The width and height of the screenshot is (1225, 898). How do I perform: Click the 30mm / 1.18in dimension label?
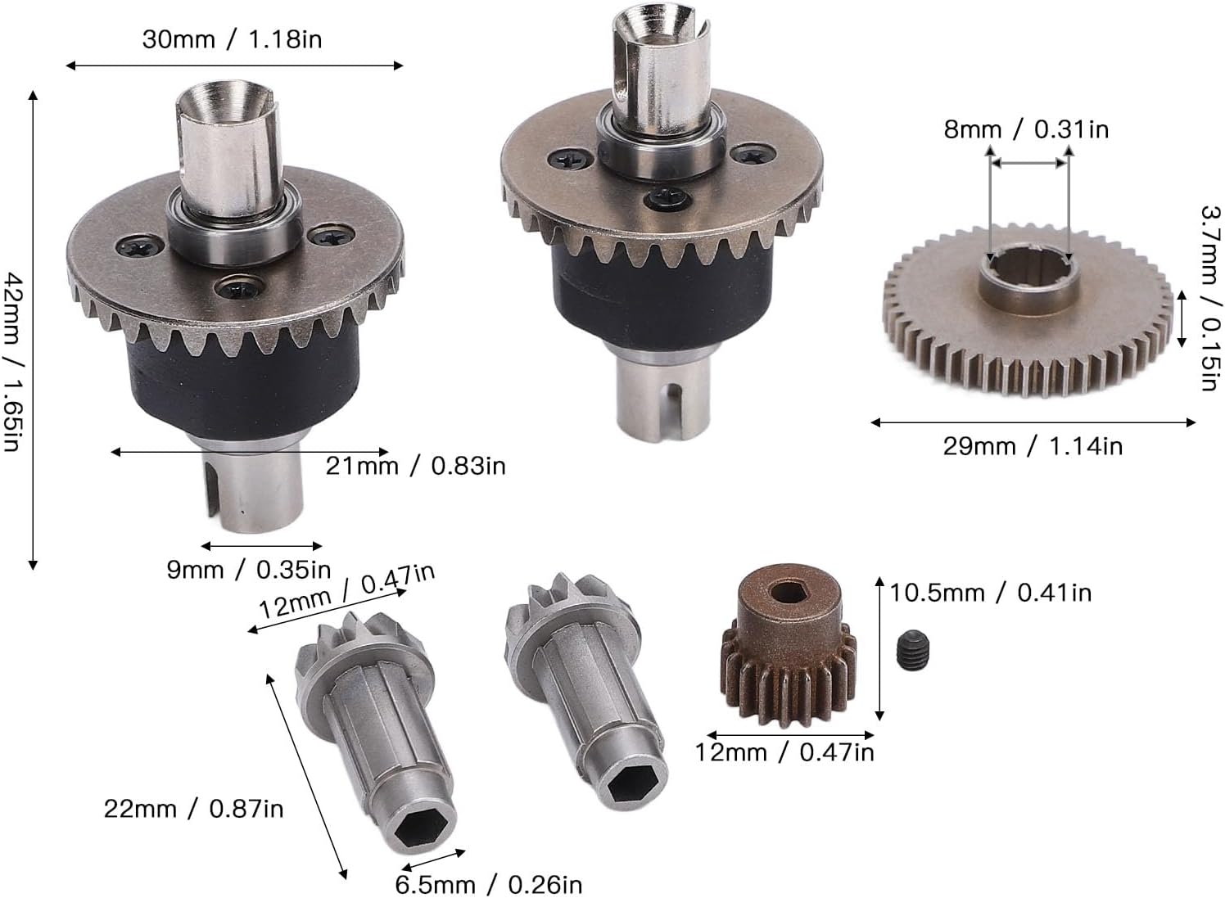tap(232, 40)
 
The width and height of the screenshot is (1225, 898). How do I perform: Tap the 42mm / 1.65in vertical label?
tap(11, 363)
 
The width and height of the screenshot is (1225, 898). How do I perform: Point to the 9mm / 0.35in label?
tap(249, 570)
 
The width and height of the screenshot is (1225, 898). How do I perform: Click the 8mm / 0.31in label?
tap(1027, 130)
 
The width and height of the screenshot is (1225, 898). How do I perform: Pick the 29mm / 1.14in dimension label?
tap(1033, 446)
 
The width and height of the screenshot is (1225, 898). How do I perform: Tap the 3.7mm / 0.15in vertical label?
tap(1209, 298)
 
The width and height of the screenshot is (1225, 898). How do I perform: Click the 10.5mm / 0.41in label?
tap(991, 593)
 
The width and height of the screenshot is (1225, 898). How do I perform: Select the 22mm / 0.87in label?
tap(193, 809)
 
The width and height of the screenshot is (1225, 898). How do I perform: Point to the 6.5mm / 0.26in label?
tap(488, 884)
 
